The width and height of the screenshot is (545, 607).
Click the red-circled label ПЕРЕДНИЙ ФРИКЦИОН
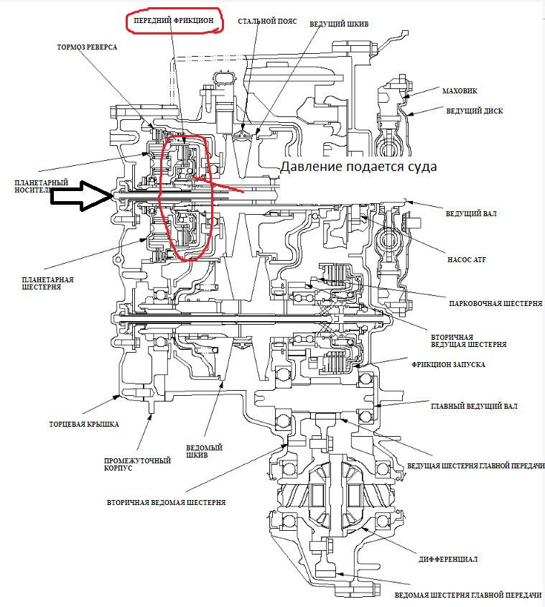pos(174,22)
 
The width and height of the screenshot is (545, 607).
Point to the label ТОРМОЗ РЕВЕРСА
pos(87,47)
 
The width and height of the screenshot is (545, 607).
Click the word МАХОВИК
pos(460,91)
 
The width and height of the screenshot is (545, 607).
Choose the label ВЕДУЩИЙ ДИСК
pos(474,111)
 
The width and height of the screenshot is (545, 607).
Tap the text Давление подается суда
pos(358,167)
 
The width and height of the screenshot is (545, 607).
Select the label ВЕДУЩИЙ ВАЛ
pos(471,214)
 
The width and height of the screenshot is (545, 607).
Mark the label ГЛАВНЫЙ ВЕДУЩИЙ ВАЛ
pos(473,406)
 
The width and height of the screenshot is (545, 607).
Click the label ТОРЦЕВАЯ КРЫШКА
pos(83,424)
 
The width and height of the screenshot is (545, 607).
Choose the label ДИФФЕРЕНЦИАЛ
pos(447,558)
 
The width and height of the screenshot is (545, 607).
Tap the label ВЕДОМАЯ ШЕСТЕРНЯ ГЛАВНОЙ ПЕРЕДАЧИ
pos(467,596)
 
